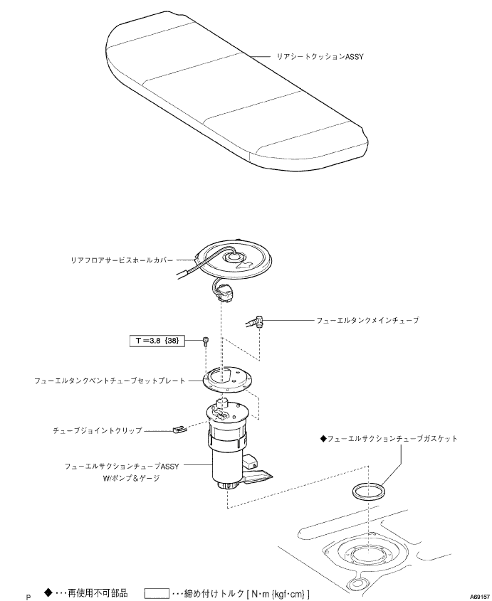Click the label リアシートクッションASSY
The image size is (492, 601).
[320, 55]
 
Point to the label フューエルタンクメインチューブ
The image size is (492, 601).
[367, 321]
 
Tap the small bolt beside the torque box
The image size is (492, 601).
[206, 342]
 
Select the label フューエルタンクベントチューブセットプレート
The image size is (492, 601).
[110, 381]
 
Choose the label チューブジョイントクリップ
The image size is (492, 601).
[98, 431]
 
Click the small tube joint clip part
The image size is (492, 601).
[179, 430]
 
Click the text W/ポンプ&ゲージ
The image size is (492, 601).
[132, 479]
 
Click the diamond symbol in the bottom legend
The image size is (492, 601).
[48, 591]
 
